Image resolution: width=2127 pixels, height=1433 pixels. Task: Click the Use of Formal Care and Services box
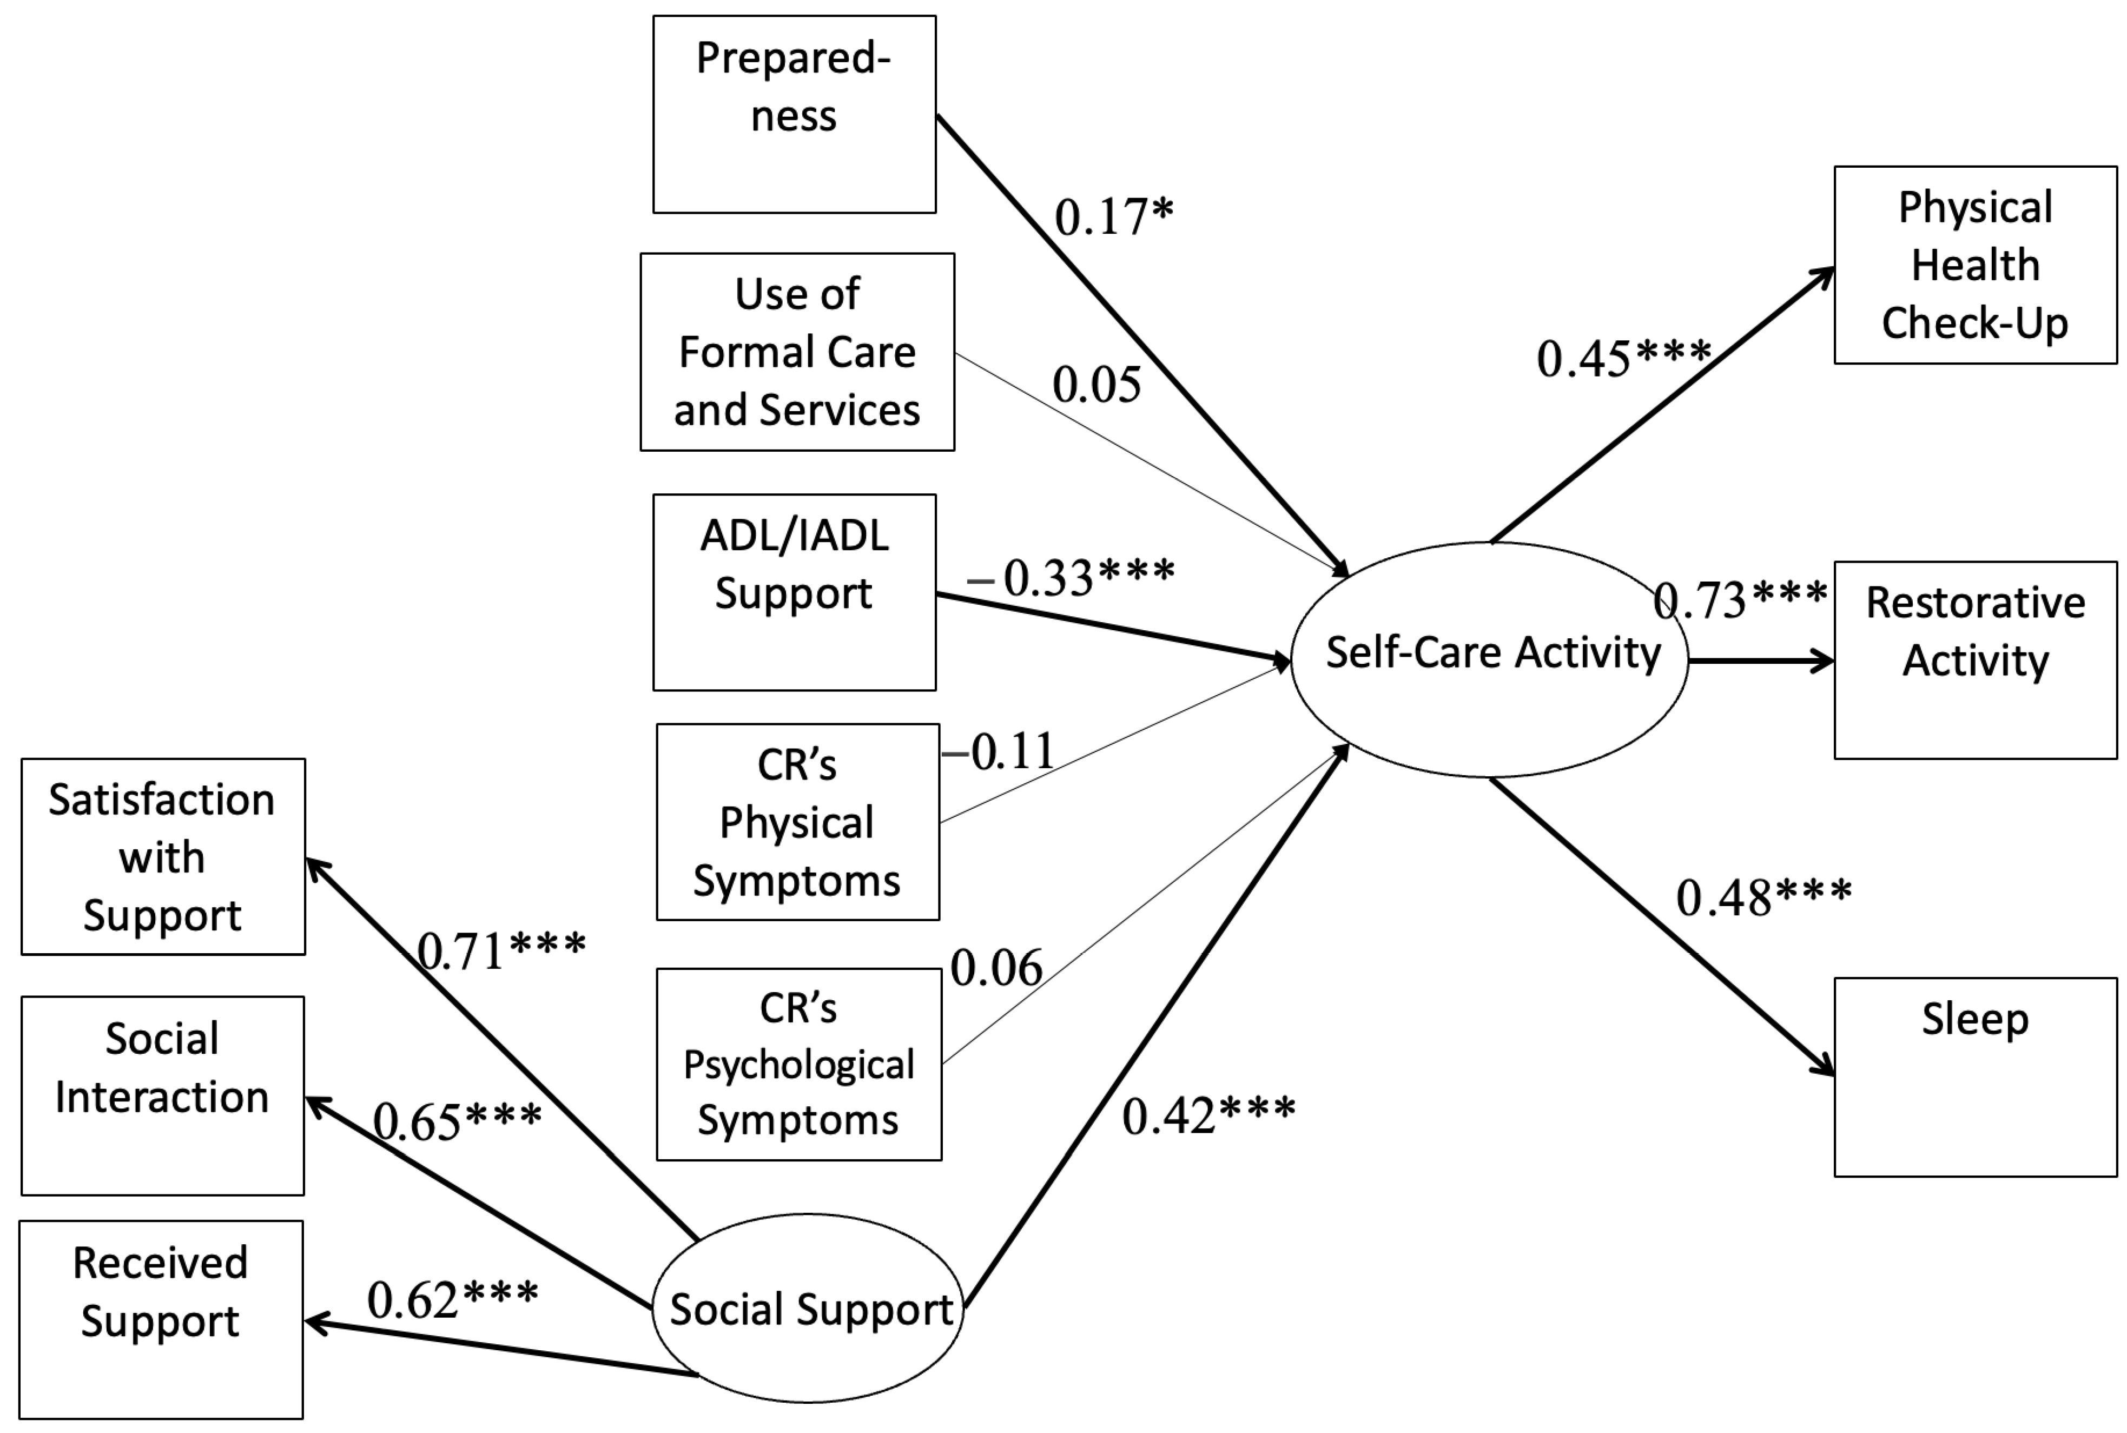[797, 352]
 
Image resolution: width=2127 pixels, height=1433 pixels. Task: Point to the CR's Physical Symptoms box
[797, 822]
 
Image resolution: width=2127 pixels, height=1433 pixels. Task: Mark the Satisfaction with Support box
[163, 856]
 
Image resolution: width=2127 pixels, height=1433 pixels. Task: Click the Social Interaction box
[163, 1095]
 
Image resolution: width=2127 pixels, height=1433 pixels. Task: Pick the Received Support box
[161, 1319]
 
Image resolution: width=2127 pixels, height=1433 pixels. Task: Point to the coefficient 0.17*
[1113, 216]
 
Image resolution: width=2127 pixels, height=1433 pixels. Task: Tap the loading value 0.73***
[1740, 599]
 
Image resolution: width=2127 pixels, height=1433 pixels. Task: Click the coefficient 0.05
[1096, 384]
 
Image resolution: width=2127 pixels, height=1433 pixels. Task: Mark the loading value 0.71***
[501, 950]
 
